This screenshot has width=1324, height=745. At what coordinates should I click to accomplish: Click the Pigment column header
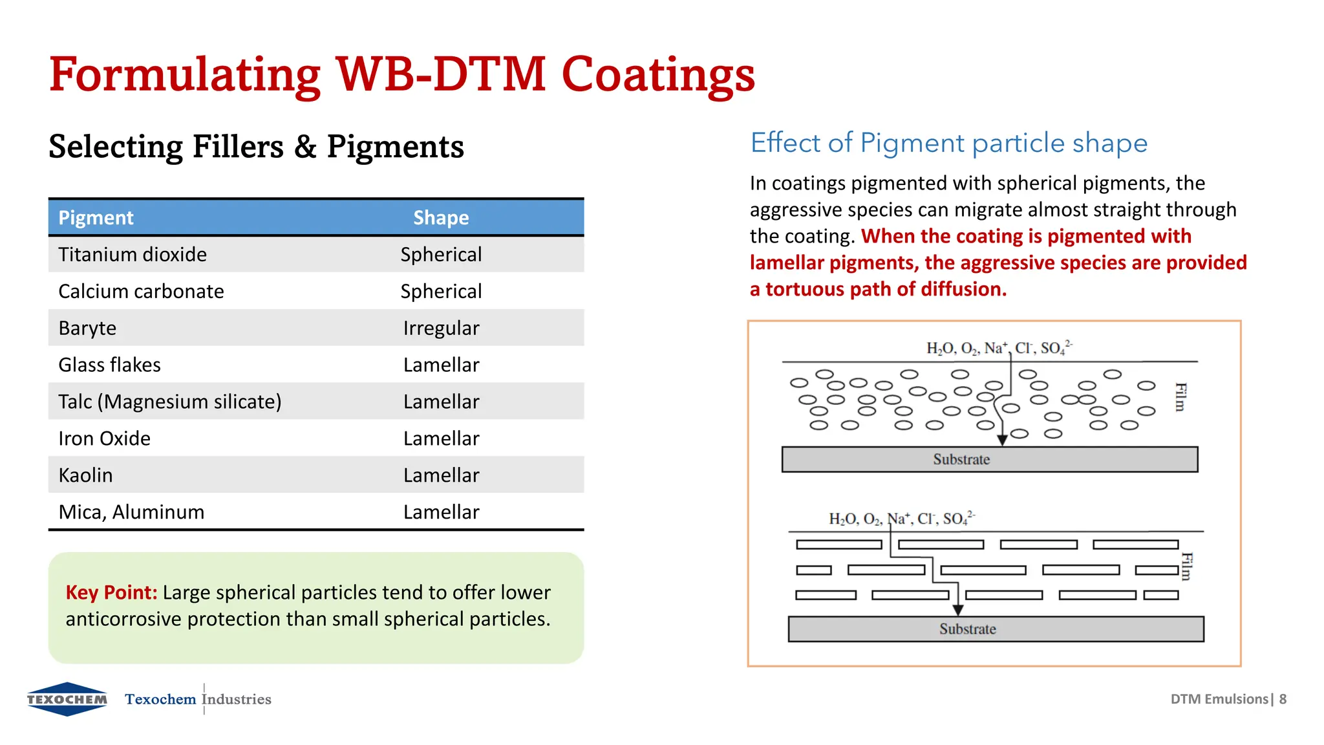click(x=96, y=218)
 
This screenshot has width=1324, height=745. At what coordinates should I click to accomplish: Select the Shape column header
click(x=441, y=218)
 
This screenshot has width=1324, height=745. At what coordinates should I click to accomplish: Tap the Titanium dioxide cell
click(x=133, y=255)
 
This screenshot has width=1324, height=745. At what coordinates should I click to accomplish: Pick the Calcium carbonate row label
click(x=141, y=292)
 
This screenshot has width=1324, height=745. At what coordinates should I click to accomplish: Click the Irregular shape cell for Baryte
click(x=441, y=329)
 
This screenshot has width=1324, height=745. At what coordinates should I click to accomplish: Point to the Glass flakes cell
click(x=109, y=365)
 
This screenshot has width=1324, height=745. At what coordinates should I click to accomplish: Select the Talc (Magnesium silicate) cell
click(x=169, y=402)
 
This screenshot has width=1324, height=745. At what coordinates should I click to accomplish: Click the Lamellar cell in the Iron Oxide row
click(x=441, y=439)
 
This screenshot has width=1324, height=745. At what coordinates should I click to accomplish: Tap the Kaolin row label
click(x=85, y=476)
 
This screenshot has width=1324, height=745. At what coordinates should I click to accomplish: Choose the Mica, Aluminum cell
click(x=131, y=512)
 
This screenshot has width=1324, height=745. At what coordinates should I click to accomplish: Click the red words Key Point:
click(x=111, y=592)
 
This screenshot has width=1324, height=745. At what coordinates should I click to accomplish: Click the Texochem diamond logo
click(x=67, y=699)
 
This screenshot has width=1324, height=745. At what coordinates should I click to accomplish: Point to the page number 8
click(x=1283, y=699)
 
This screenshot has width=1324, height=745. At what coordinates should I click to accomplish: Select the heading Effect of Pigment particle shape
click(x=948, y=143)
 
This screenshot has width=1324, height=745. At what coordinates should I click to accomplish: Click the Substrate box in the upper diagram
click(x=989, y=459)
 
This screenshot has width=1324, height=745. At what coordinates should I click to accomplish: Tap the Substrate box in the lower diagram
click(x=996, y=629)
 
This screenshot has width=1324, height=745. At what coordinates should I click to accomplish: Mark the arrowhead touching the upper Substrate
click(x=1002, y=440)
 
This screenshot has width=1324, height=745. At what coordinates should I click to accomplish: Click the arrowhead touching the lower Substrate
click(x=958, y=610)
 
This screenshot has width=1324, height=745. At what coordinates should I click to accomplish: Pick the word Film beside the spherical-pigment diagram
click(x=1180, y=397)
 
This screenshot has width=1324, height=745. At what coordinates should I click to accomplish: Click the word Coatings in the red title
click(x=658, y=74)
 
